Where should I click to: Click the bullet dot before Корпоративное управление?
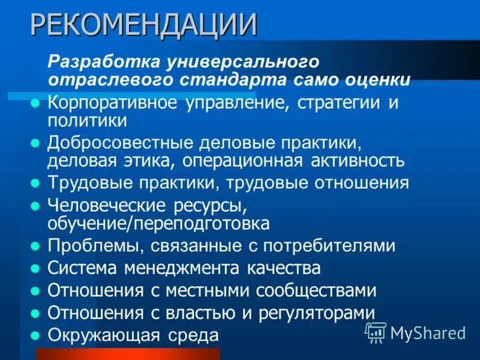[35, 103]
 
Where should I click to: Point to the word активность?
[358, 160]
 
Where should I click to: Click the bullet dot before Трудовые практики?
[35, 182]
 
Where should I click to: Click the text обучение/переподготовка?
[158, 223]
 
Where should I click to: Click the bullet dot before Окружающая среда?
[35, 335]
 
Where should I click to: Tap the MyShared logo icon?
[376, 332]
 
